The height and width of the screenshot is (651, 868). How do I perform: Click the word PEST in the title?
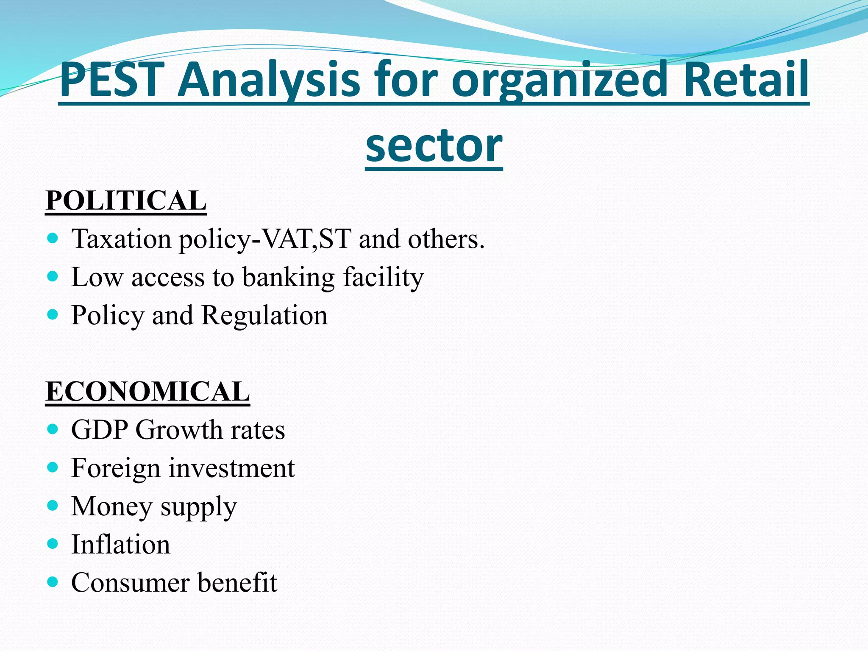112,80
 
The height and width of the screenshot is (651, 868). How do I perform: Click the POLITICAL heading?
126,200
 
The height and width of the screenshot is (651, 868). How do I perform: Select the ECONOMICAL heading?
147,391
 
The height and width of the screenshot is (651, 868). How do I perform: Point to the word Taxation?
121,239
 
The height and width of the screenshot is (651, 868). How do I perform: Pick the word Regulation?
264,315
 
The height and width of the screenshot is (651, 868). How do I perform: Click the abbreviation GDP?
100,430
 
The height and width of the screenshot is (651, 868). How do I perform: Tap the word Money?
111,506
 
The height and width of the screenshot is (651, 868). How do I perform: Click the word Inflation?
120,544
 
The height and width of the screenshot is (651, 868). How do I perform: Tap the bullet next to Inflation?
53,544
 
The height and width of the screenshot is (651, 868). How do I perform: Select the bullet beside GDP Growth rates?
53,429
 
